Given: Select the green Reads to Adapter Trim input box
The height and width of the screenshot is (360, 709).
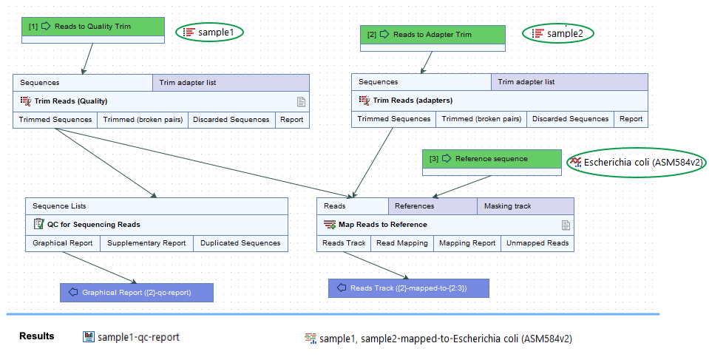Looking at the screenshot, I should pos(432,34).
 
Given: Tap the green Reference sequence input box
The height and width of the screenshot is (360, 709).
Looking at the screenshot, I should pos(492,159).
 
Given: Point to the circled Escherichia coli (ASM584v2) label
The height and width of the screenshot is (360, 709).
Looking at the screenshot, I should pos(636,163).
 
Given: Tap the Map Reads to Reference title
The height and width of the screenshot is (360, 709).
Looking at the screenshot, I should pos(382,225).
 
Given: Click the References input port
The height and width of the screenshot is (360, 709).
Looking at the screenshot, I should pos(414,206).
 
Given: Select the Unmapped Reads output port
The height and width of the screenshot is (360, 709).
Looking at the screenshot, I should pos(537,243).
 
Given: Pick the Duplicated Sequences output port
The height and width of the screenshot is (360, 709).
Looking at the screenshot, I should pos(240,243).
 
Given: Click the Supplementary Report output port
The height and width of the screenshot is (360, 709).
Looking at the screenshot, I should pos(146,243).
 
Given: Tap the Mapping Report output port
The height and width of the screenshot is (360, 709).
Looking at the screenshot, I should pos(467,243).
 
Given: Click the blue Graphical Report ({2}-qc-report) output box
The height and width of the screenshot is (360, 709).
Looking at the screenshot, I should pos(136,293).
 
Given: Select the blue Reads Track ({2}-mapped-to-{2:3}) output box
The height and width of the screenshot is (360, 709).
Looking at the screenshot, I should pos(409,288).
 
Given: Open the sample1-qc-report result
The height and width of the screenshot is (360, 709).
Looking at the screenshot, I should pos(132,337).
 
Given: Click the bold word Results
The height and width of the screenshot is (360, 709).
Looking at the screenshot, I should pos(36,336).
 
